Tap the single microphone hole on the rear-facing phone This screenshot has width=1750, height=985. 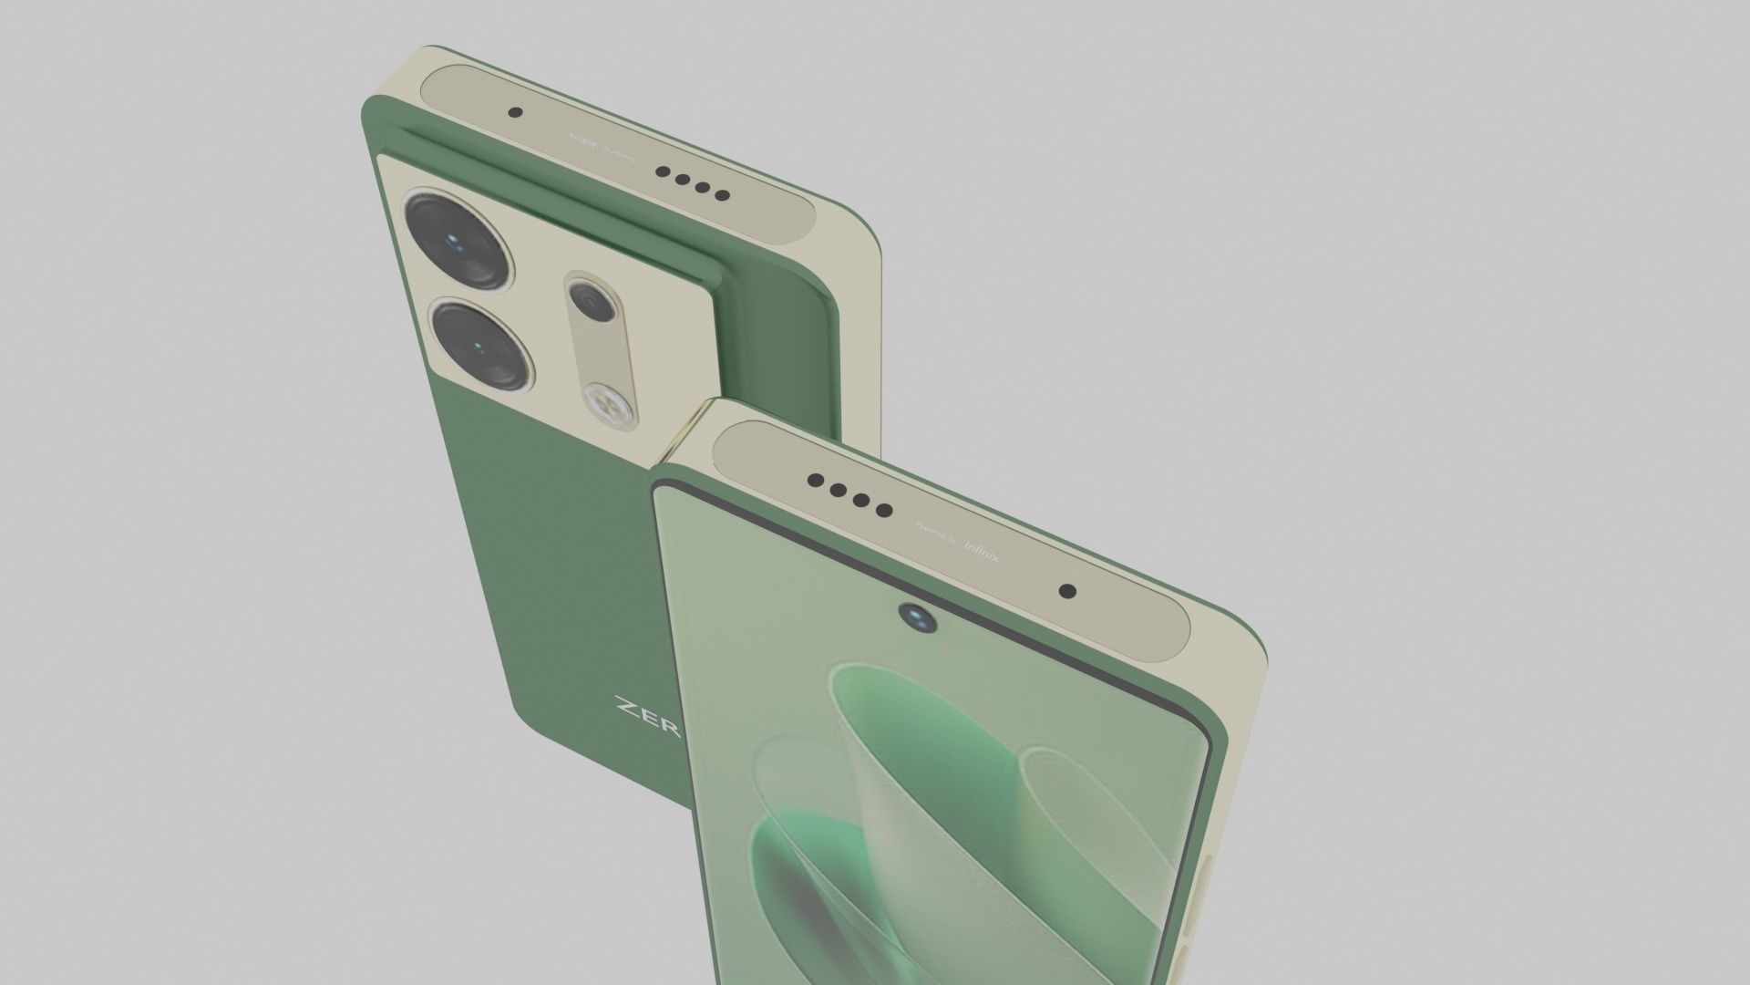(x=515, y=114)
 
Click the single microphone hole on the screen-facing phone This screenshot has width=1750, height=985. (x=1068, y=591)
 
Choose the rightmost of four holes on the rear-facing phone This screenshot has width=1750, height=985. (x=722, y=195)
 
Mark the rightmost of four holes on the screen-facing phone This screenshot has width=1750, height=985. (x=884, y=511)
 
